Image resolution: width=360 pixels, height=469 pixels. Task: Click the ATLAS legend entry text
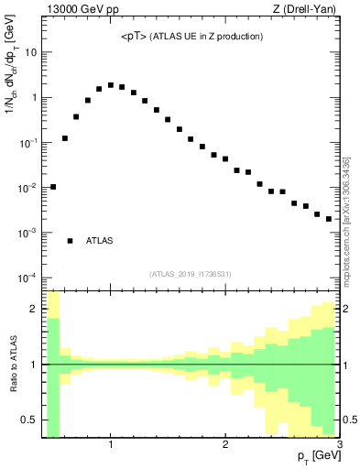pos(100,241)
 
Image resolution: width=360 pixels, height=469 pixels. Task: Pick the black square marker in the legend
pos(71,241)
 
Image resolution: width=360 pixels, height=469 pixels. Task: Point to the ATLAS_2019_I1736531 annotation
pos(191,274)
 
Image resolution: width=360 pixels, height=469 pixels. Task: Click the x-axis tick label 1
pos(111,445)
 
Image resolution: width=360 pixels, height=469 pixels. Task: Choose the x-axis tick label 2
pos(225,445)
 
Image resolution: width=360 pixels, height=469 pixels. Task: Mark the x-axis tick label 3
pos(339,445)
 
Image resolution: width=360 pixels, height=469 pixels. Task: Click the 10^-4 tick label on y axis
pos(27,278)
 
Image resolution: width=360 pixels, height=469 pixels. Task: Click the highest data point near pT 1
pos(111,85)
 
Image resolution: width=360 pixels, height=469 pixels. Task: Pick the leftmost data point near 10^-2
pos(53,187)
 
